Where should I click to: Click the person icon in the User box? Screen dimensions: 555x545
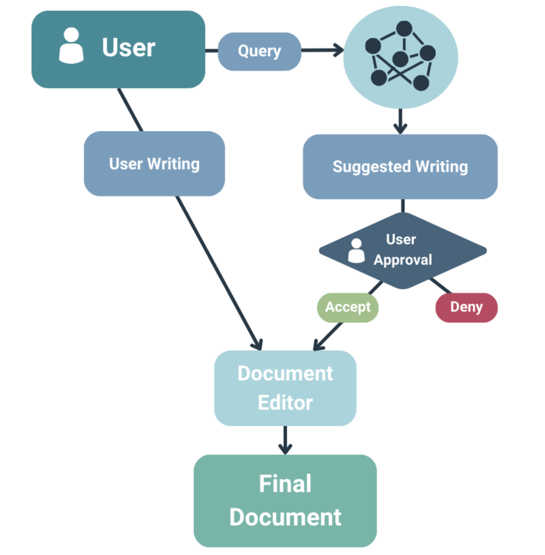[71, 46]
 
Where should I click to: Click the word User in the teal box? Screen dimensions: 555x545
[128, 48]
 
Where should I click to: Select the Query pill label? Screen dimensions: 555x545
[259, 51]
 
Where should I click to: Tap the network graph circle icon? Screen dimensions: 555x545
[401, 57]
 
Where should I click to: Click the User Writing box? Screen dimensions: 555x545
[154, 164]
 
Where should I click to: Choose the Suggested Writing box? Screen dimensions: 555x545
[400, 167]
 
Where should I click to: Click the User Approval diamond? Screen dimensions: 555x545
[403, 250]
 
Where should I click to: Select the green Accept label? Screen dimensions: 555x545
[348, 307]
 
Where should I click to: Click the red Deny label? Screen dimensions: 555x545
[466, 307]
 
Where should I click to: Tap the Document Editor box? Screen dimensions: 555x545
[285, 388]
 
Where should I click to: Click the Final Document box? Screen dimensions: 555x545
[285, 500]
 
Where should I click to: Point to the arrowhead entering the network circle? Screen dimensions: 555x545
[339, 50]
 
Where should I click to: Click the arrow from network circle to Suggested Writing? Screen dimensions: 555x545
[400, 122]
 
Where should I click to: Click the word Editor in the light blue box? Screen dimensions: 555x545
[285, 403]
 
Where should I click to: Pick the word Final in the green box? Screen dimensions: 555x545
[285, 483]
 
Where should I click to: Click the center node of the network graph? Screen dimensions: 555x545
[400, 59]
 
